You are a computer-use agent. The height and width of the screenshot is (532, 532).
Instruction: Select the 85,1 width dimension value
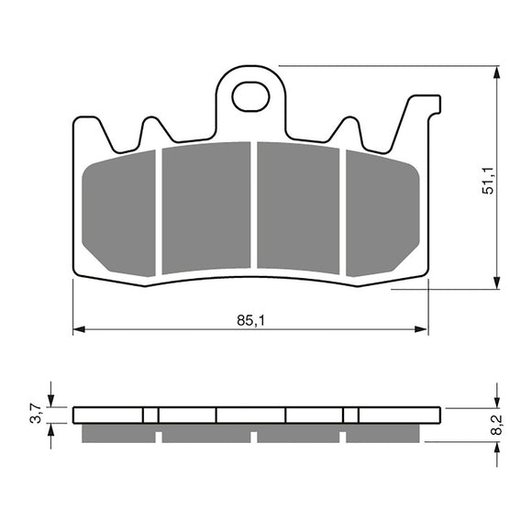coord(249,321)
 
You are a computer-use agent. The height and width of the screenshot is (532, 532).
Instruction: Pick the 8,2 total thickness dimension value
coord(496,423)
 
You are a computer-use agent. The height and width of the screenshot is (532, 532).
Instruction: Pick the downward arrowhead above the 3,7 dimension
coord(51,399)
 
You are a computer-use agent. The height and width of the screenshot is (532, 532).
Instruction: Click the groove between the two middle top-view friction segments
coord(253,207)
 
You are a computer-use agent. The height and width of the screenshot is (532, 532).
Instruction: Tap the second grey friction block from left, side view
coord(205,432)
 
